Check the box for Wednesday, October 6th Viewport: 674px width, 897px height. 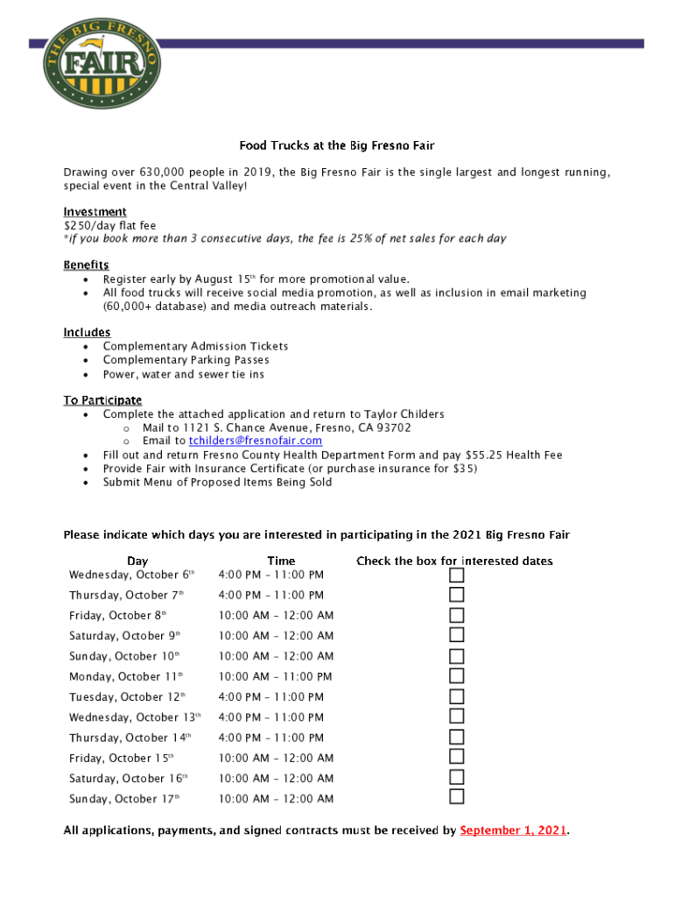[456, 575]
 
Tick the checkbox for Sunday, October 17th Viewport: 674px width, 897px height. [456, 797]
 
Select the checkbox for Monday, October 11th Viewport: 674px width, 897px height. [456, 676]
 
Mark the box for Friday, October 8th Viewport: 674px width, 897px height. [456, 615]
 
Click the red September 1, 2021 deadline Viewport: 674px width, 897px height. [514, 830]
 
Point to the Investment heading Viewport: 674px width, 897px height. [95, 212]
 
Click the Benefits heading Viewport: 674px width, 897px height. [86, 265]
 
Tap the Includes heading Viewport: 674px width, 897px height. [87, 332]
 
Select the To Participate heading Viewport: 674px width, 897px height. [102, 399]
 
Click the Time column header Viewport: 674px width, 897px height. [281, 561]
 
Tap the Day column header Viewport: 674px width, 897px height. [137, 561]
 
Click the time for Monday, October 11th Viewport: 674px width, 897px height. [275, 676]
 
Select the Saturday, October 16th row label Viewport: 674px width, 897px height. [128, 778]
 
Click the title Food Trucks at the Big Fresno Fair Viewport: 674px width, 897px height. [337, 145]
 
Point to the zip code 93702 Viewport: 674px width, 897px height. [393, 427]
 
